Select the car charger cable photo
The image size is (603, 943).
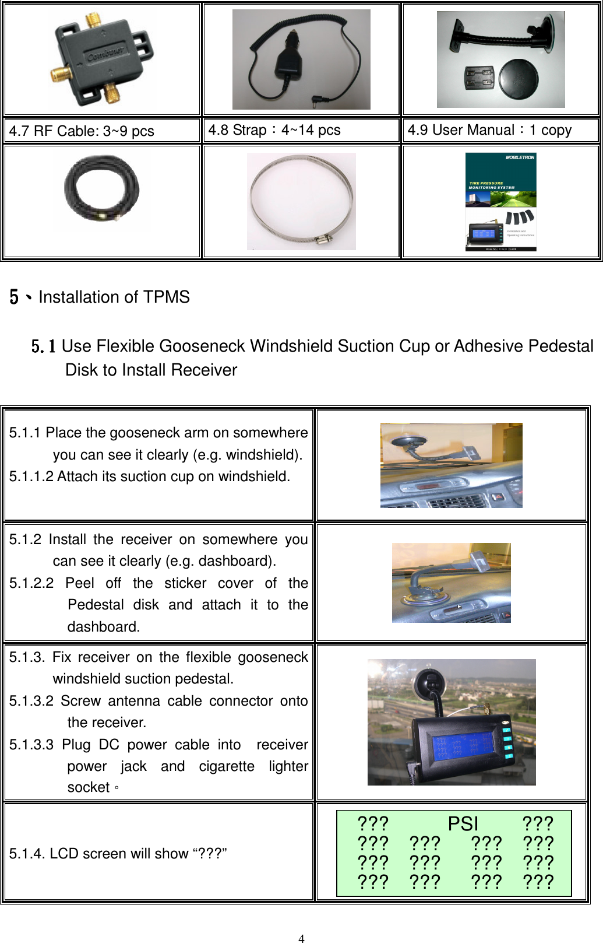(301, 59)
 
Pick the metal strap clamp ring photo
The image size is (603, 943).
(301, 201)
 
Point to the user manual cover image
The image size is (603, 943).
(500, 202)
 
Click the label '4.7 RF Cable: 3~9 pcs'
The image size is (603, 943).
(82, 131)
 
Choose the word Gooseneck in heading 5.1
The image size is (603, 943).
(202, 346)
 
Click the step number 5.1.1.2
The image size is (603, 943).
(31, 476)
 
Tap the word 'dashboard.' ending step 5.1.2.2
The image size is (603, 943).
(104, 627)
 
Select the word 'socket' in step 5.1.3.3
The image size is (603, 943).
(89, 787)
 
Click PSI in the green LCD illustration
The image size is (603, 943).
(463, 823)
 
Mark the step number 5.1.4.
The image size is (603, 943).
(27, 854)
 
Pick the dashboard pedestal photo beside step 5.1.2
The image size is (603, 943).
(451, 583)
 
